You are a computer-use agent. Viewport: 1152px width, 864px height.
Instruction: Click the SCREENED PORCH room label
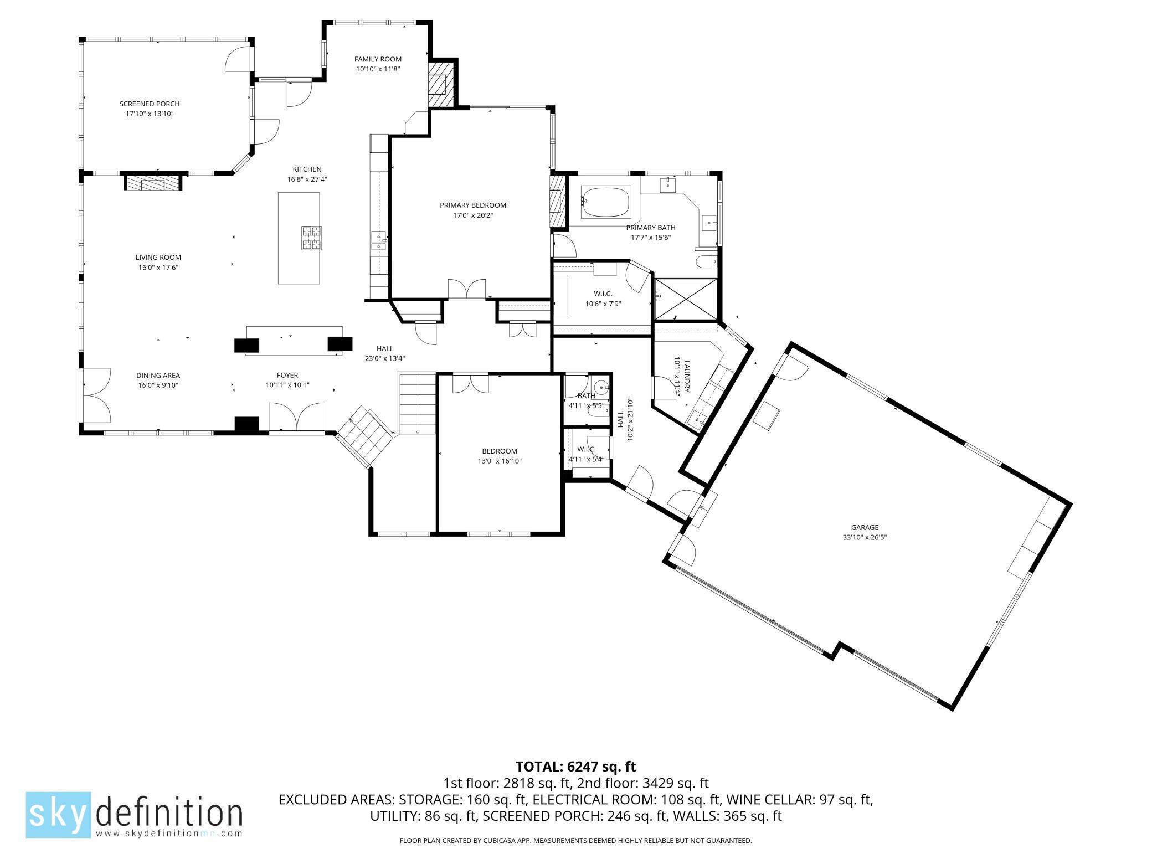click(x=150, y=104)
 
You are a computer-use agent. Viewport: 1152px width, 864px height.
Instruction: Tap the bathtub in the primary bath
click(x=605, y=202)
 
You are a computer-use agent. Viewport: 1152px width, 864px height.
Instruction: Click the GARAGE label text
click(x=865, y=527)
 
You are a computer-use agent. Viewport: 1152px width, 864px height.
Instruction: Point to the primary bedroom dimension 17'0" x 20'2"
click(x=472, y=215)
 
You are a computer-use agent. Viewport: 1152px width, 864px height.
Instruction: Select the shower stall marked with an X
click(x=686, y=299)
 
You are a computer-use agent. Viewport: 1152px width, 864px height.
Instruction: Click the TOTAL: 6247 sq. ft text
click(x=575, y=767)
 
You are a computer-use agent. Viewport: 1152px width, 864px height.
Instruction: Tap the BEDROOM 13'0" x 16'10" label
click(x=500, y=456)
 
